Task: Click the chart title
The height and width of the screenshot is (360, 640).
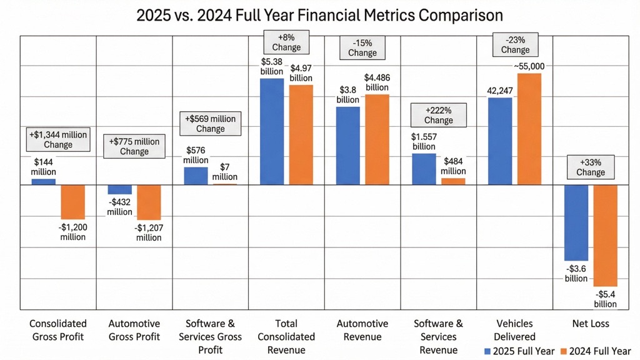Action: click(x=320, y=14)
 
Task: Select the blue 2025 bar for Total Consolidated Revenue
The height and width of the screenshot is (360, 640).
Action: click(x=272, y=131)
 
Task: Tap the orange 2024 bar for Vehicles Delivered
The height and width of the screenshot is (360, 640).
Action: click(x=529, y=129)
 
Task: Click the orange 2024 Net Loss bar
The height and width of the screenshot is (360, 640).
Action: click(x=605, y=235)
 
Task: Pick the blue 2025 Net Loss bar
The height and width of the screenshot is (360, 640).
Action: click(x=576, y=222)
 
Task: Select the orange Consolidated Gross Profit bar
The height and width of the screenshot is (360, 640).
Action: click(x=72, y=202)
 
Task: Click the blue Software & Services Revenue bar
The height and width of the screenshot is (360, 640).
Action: click(x=424, y=169)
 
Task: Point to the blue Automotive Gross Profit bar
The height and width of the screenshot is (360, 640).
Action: click(x=120, y=189)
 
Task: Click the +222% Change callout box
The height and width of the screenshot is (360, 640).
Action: click(x=438, y=115)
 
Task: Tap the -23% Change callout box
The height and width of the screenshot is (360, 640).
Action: click(x=515, y=44)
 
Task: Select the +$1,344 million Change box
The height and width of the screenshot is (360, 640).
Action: click(x=58, y=139)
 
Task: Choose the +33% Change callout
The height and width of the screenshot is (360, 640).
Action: click(x=591, y=167)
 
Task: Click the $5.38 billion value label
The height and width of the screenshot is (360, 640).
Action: click(x=272, y=66)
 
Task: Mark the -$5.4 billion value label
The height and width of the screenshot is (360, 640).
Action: click(x=605, y=299)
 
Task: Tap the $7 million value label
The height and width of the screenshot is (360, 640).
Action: click(x=224, y=172)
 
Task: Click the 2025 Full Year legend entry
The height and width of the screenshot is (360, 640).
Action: click(x=519, y=351)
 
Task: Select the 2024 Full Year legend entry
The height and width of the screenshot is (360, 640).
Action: click(x=594, y=351)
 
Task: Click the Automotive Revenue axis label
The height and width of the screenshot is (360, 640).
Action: click(x=362, y=330)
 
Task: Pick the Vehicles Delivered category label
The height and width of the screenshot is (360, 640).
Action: click(x=515, y=330)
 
